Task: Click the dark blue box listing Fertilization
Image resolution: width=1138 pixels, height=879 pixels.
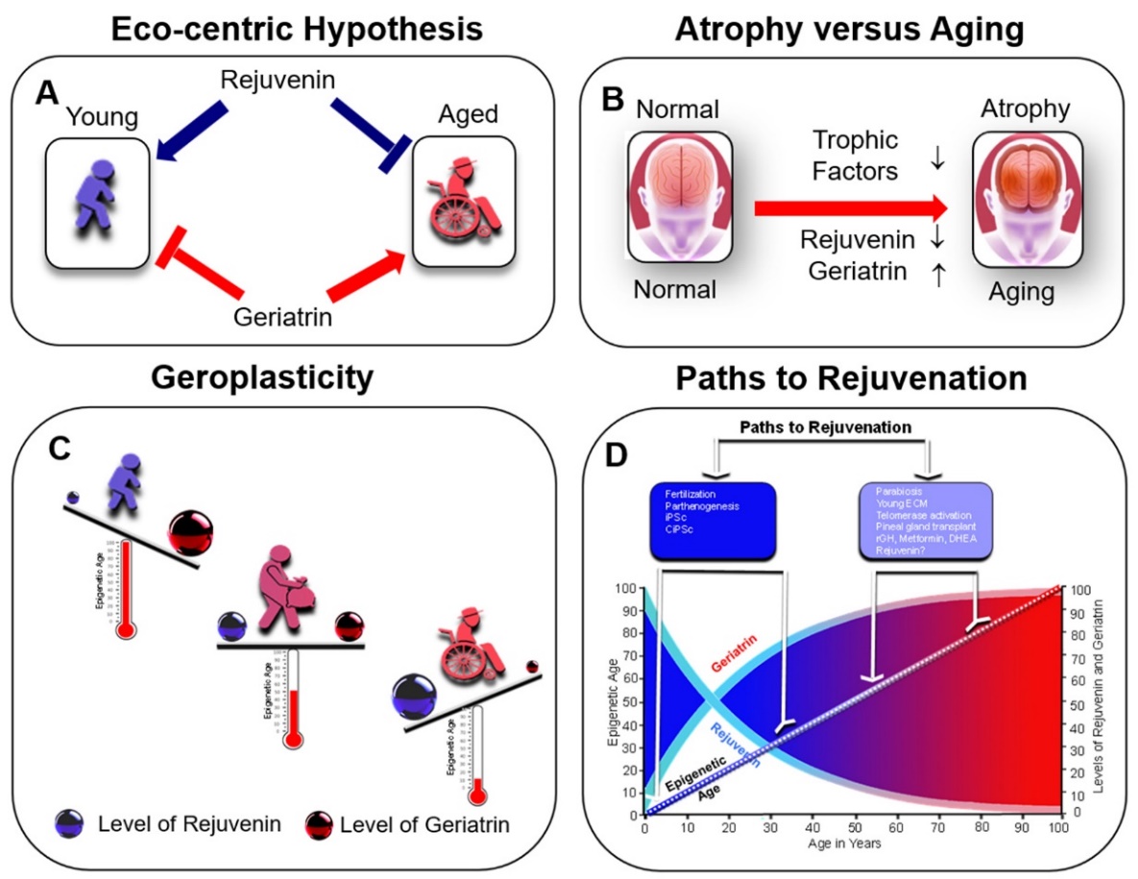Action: coord(712,520)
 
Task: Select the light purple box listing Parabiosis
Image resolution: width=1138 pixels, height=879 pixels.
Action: coord(926,520)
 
